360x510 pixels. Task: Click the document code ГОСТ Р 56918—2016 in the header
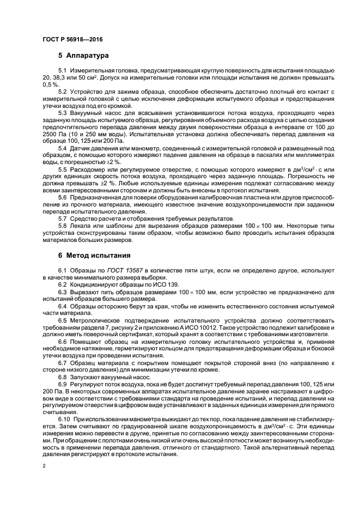tap(72, 40)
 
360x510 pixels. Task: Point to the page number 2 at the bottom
tap(44, 466)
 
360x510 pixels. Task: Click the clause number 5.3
tap(63, 112)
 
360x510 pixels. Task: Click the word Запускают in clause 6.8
tap(84, 377)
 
